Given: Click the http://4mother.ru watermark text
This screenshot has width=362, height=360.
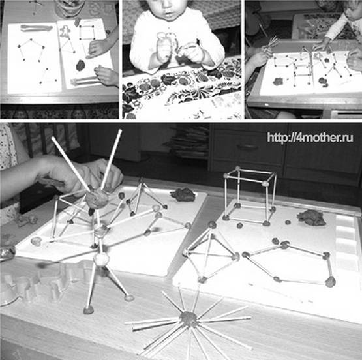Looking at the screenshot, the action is tap(310, 138).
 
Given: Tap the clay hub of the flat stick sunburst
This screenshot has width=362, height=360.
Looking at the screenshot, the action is tap(189, 319).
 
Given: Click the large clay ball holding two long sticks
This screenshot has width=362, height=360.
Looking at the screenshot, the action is tap(97, 199).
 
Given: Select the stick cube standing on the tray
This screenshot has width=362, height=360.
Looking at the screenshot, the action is tap(250, 196).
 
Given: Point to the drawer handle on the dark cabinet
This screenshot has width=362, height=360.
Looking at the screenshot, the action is tap(248, 147).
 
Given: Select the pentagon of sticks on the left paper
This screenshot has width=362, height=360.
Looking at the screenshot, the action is tap(31, 50).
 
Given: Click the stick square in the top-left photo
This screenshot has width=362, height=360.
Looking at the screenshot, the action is tap(87, 33).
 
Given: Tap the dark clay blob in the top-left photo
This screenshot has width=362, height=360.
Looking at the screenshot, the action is tap(80, 65).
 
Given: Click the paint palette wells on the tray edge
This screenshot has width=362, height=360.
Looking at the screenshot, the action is tap(346, 243).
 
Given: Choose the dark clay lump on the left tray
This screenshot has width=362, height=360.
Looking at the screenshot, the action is tap(183, 194).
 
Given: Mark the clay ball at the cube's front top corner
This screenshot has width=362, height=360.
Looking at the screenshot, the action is tap(265, 183).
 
